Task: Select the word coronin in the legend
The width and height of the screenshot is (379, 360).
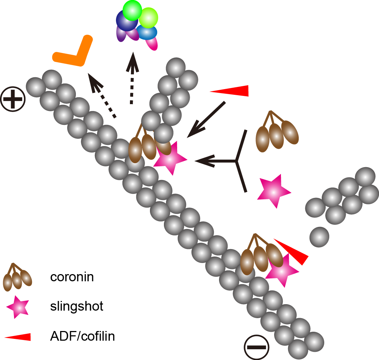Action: point(72,277)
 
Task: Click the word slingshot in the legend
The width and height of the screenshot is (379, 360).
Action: point(77,306)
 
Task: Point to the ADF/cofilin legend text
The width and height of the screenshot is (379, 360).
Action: point(82,336)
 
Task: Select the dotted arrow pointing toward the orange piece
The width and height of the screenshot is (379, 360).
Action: point(102,95)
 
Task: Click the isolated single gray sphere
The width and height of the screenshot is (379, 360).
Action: point(319,237)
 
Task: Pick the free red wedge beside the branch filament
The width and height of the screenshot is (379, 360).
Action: point(231,91)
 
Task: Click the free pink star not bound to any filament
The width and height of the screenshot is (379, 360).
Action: point(273,191)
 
